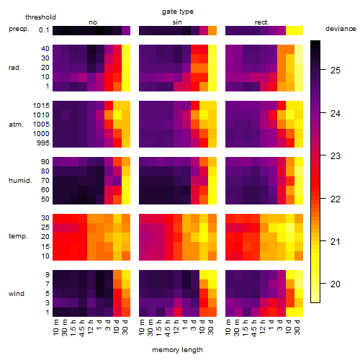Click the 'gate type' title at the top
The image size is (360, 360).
pos(178,12)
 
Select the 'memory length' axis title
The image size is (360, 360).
pos(178,350)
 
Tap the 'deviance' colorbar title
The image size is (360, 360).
pos(341,29)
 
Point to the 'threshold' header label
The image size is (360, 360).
pos(40,17)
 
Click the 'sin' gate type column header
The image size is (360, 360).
pos(177,22)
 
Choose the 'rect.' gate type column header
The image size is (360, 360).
pos(262,22)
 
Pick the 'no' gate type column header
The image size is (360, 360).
pos(93,22)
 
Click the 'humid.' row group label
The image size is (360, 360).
pos(20,181)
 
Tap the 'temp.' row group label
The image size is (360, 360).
pos(18,236)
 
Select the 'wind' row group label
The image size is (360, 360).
pos(17,294)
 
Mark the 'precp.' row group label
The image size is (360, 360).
pos(19,29)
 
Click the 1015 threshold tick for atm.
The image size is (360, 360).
pos(41,106)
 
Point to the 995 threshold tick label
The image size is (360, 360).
pos(43,143)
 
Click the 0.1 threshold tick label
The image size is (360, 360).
pos(44,30)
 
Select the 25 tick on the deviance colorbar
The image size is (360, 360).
pos(336,71)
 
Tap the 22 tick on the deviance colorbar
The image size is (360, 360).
pos(336,199)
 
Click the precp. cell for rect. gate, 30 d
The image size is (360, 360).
pos(299,31)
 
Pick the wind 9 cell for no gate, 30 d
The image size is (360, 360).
pos(126,275)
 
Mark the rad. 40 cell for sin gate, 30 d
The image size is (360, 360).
pos(212,50)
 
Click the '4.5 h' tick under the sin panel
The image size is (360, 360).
pos(168,328)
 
